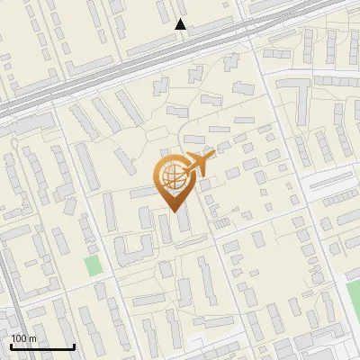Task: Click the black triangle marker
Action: click(181, 24)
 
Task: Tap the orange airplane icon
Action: click(197, 164)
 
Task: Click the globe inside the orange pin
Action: click(171, 175)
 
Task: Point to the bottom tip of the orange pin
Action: click(173, 211)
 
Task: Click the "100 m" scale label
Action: click(23, 337)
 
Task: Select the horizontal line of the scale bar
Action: click(42, 346)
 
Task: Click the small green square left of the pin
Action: click(93, 265)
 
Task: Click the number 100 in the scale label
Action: click(19, 337)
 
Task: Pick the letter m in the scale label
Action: click(32, 337)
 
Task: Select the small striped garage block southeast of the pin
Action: click(218, 220)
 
